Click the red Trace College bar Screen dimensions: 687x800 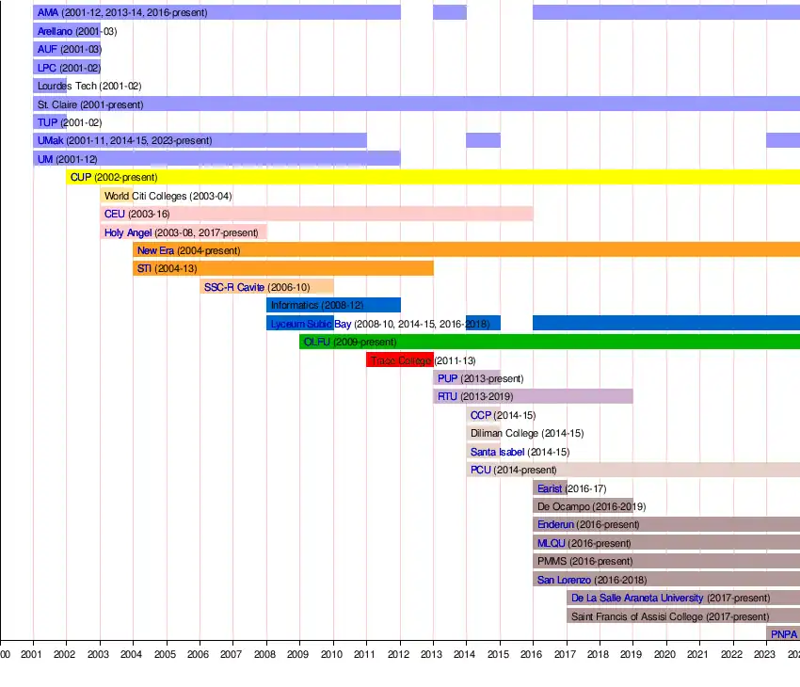pos(399,360)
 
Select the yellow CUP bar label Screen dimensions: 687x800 pos(113,177)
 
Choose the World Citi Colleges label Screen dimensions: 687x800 pos(168,196)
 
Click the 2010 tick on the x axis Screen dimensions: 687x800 pos(332,654)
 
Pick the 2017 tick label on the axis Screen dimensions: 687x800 pos(566,654)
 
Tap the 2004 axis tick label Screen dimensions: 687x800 pos(133,654)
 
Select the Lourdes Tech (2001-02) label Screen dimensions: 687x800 pos(89,86)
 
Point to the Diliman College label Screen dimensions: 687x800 pos(527,433)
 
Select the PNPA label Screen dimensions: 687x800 pos(784,634)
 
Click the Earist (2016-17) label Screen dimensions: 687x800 pos(572,488)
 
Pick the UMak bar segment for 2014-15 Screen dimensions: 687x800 pos(483,140)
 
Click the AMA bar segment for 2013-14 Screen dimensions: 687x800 pos(449,12)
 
